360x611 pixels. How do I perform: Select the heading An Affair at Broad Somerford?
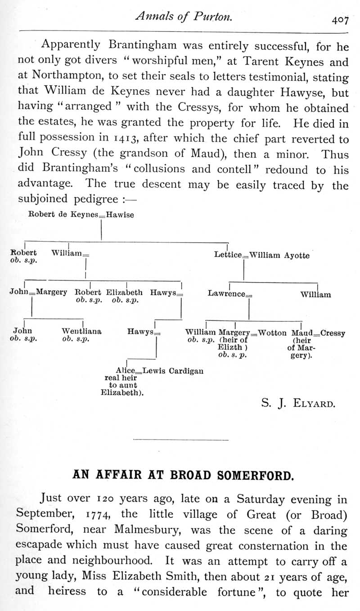(183, 475)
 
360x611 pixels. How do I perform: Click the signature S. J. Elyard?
(298, 403)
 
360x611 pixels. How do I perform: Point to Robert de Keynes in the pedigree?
(63, 215)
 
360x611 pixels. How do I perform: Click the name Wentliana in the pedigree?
(81, 332)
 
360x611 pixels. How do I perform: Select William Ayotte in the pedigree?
(279, 255)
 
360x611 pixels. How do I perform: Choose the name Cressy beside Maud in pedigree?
(333, 333)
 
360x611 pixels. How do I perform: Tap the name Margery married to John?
(51, 292)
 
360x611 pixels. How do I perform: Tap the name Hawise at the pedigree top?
(120, 215)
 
